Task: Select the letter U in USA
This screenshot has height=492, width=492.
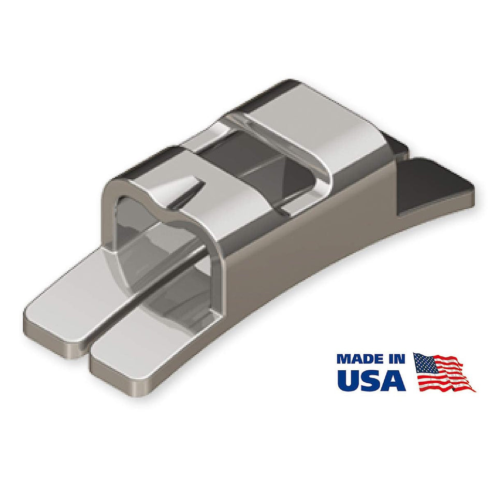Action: [x=350, y=380]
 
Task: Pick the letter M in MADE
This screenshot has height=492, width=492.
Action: [x=346, y=359]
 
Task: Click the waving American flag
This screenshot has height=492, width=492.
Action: [x=443, y=372]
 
